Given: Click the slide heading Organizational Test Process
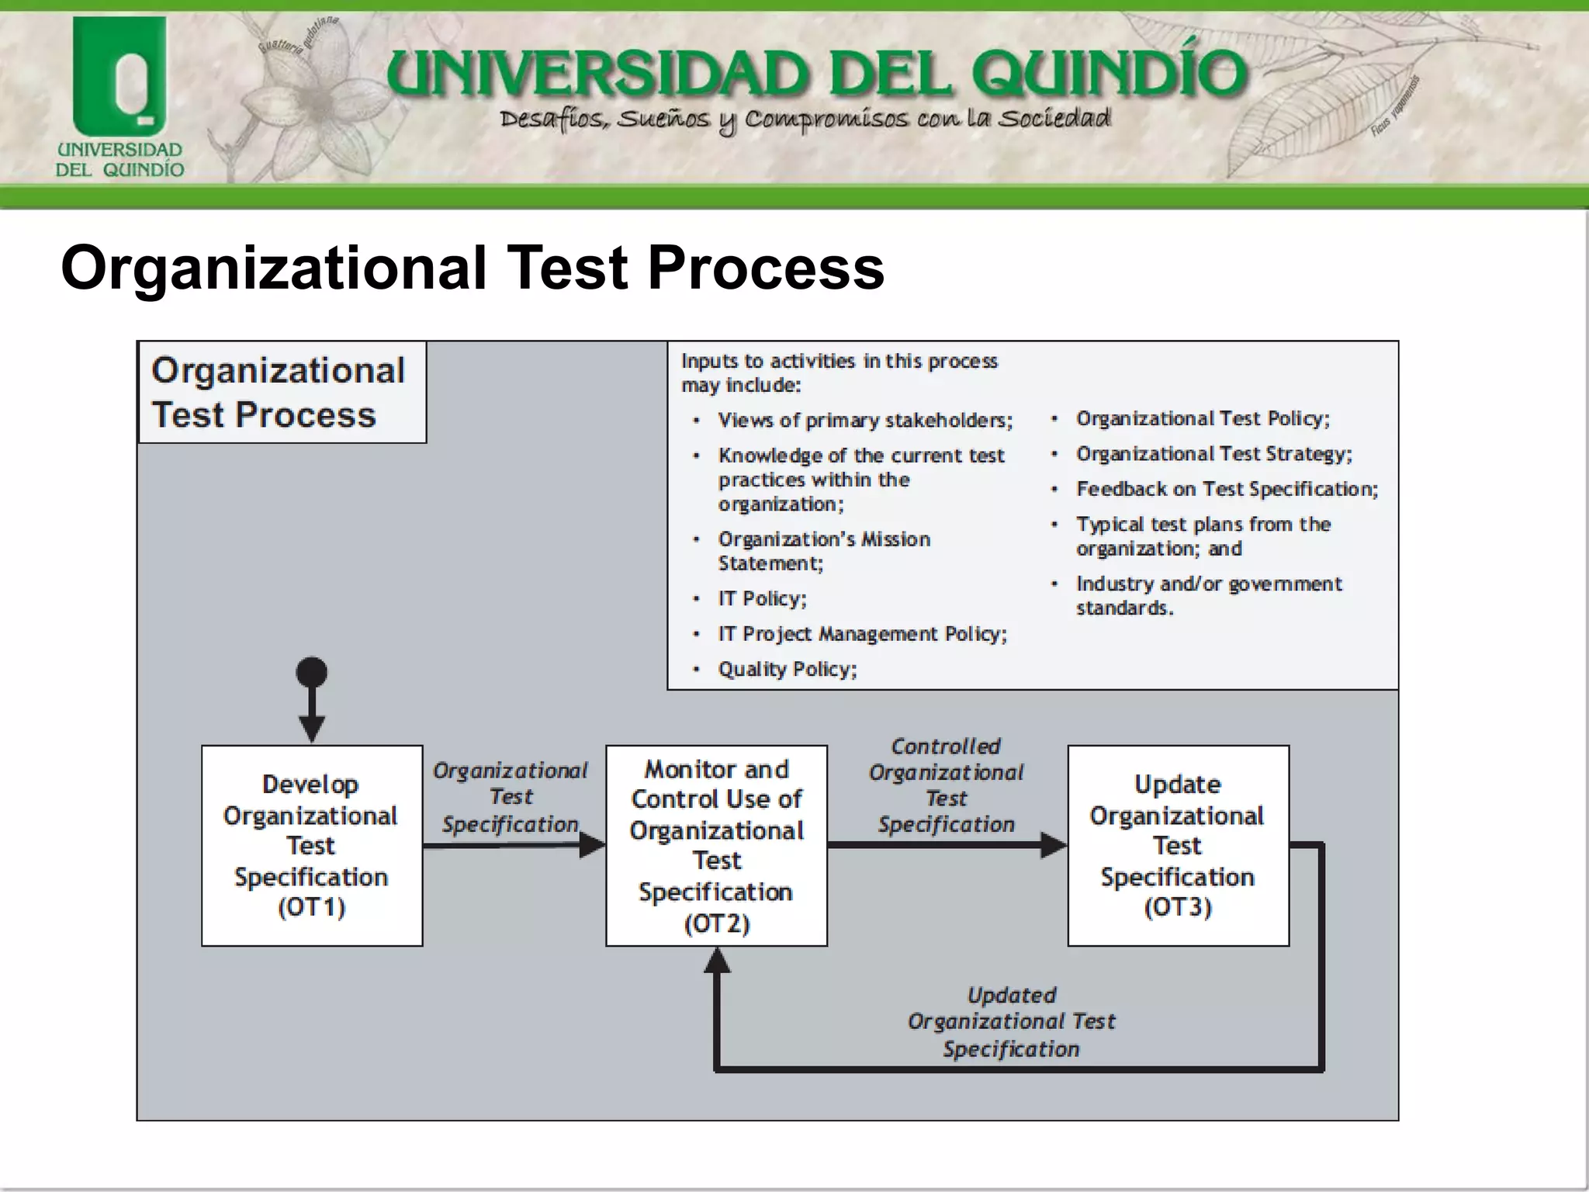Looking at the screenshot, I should [x=472, y=268].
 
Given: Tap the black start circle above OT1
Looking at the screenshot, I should [x=312, y=672].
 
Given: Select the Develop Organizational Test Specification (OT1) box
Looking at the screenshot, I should [x=312, y=845].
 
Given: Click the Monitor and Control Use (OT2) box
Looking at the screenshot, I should [x=716, y=845].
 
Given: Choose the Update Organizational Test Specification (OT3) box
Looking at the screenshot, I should [x=1178, y=845].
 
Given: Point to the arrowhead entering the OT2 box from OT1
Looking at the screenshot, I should [x=594, y=845].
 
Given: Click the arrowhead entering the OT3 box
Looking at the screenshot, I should [x=1054, y=845].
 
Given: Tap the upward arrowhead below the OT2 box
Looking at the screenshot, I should [x=717, y=961].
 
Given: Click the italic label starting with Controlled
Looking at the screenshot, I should [x=946, y=785].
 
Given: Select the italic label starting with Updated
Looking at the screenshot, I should [x=1011, y=1021].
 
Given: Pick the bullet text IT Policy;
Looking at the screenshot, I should [x=762, y=598].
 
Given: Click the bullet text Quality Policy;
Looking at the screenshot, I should [x=787, y=669].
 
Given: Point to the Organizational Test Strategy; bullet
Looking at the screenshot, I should [x=1213, y=454].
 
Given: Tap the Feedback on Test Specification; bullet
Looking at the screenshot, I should [x=1227, y=489].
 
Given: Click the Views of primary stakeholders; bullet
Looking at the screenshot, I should [x=865, y=420].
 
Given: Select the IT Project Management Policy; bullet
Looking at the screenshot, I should [x=862, y=634].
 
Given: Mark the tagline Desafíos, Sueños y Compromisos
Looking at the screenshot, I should [x=805, y=120].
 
